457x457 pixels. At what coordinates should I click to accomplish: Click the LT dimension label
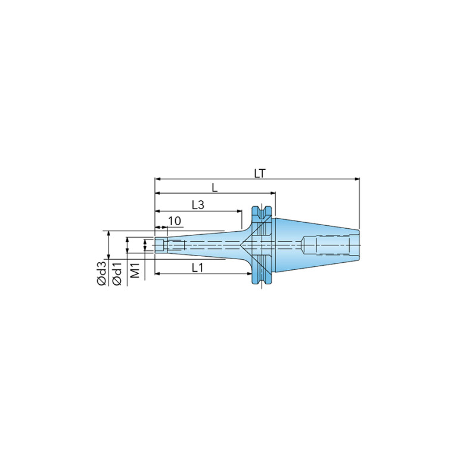coord(260,174)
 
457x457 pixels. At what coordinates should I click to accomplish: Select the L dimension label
coord(215,188)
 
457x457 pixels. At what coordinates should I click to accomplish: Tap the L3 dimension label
coord(198,205)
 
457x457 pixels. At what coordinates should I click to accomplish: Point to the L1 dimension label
coord(197,268)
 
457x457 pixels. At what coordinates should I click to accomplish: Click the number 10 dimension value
coord(175,221)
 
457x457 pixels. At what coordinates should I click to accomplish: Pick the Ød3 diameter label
coord(102,273)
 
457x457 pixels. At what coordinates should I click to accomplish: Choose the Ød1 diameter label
coord(117,273)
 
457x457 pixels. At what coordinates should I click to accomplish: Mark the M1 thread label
coord(135,270)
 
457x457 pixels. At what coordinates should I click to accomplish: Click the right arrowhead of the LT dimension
coord(357,179)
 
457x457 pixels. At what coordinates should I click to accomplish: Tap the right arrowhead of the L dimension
coord(273,193)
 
